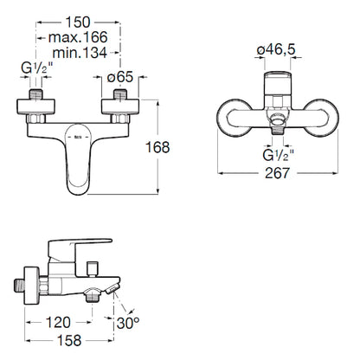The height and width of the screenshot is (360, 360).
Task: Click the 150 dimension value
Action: [78, 22]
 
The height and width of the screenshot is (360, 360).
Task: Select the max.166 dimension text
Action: [78, 37]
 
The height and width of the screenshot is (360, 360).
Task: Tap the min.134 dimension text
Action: [80, 53]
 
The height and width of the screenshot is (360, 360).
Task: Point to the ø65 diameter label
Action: [120, 77]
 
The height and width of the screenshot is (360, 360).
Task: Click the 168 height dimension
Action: [157, 147]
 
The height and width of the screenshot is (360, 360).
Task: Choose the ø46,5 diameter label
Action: [276, 49]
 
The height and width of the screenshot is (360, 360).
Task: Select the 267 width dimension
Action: [277, 173]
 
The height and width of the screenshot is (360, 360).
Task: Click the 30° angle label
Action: [128, 323]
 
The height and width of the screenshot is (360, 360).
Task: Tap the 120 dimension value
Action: [58, 323]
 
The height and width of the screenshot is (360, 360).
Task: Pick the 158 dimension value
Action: [69, 341]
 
